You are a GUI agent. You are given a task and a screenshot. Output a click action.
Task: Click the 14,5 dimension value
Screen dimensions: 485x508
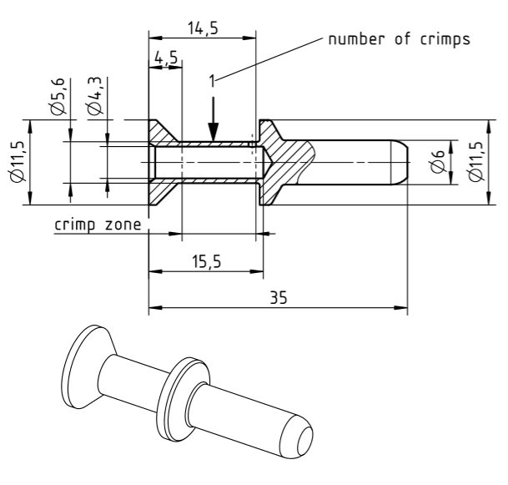coord(202,28)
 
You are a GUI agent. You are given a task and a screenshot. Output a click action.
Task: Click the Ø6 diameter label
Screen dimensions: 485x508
coord(439,161)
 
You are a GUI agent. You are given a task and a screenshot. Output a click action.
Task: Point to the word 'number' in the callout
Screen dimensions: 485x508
coord(355,39)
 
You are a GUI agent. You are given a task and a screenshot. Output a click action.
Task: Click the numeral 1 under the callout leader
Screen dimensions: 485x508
coord(214,81)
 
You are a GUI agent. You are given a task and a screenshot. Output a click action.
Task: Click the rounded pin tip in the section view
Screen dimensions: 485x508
coord(400,162)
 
